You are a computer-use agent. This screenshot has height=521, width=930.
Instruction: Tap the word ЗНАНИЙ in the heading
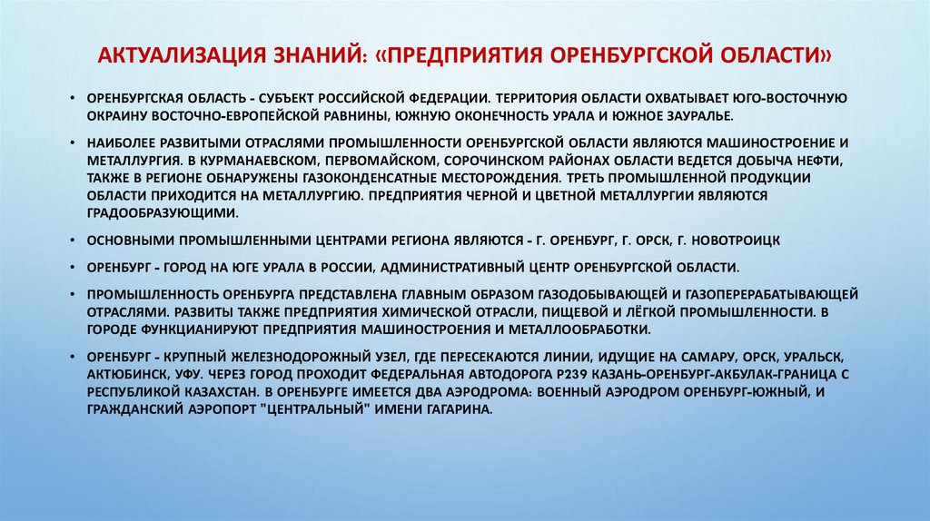pyautogui.click(x=321, y=56)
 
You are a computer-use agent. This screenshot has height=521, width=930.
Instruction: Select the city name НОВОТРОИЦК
pyautogui.click(x=737, y=241)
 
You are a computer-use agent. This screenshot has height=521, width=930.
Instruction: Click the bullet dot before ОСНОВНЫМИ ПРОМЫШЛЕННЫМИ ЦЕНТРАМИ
pyautogui.click(x=76, y=241)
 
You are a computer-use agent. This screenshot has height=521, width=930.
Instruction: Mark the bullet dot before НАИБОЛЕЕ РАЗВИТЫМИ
pyautogui.click(x=76, y=143)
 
